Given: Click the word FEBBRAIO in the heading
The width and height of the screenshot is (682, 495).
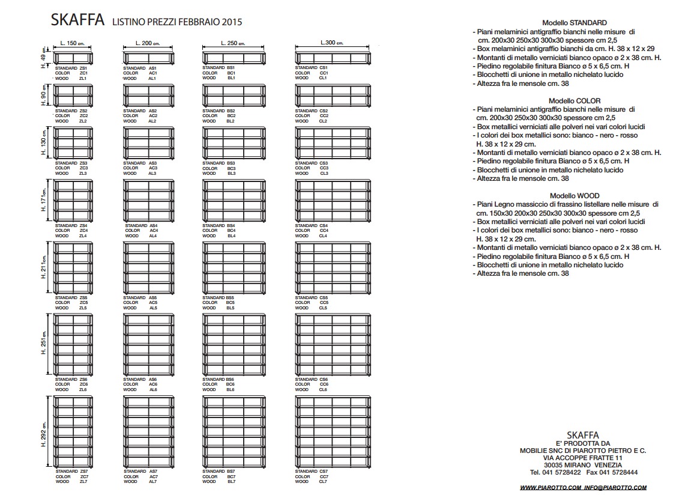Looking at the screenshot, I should point(200,23).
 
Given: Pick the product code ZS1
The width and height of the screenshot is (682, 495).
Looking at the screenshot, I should point(83,68).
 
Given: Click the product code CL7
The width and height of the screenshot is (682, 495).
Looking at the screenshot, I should point(324,482).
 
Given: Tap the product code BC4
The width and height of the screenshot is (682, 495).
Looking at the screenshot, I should point(231,231).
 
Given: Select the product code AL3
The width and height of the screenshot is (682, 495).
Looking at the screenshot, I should point(152,174).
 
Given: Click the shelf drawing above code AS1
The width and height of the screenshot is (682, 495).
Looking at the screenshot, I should point(148,58).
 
